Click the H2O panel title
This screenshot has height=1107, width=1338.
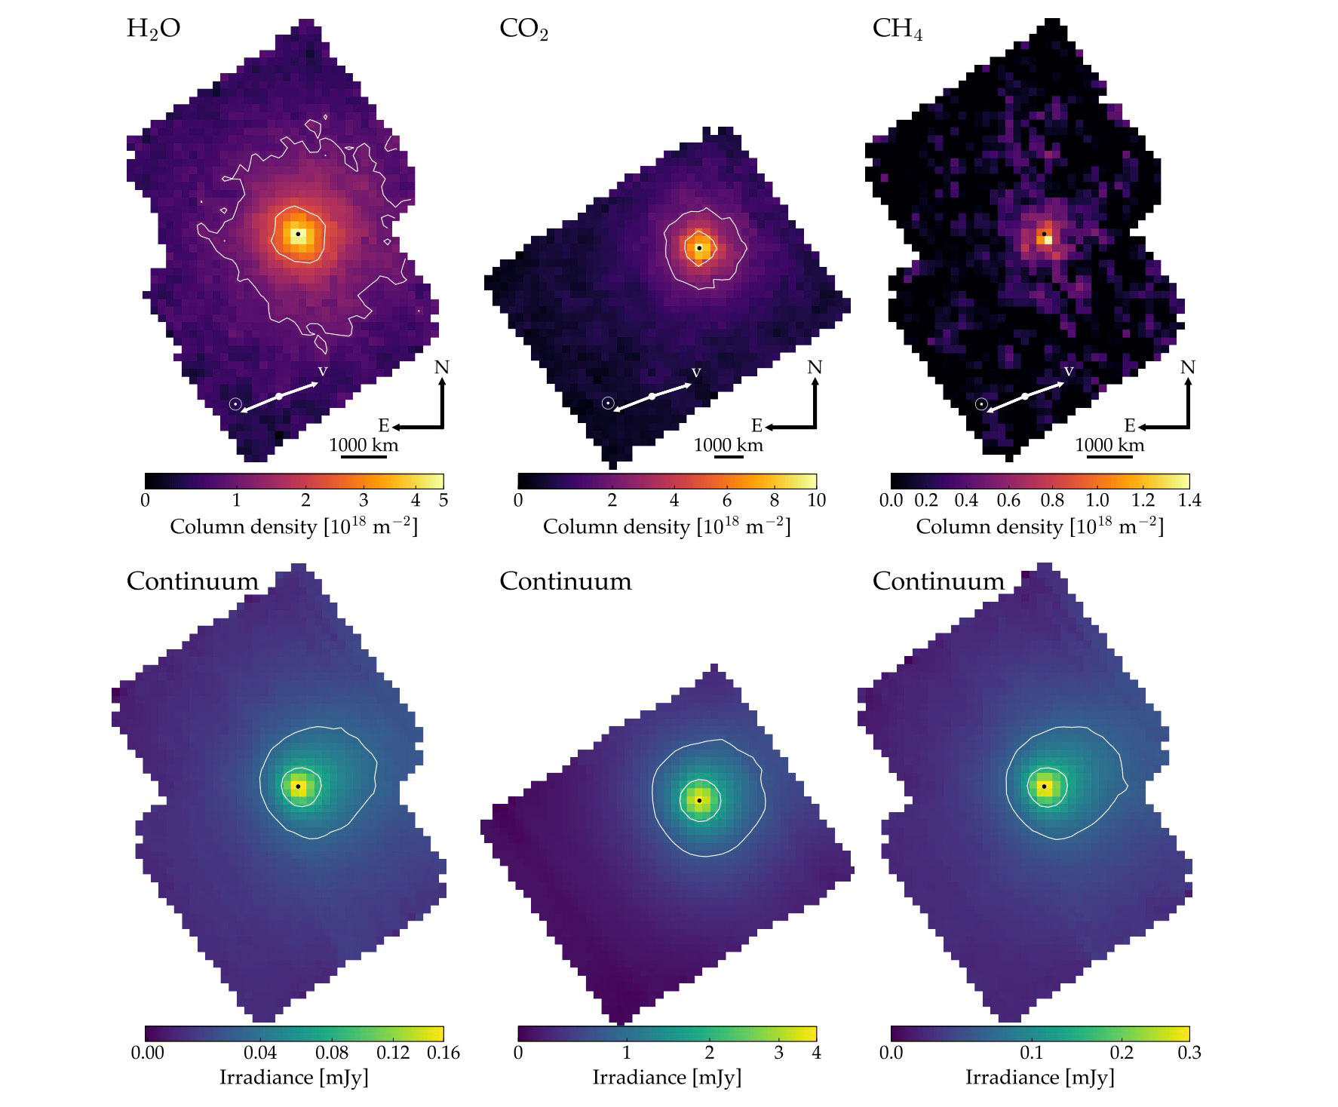tap(153, 29)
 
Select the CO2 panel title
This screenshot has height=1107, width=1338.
tap(523, 29)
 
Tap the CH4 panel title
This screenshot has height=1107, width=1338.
tap(897, 29)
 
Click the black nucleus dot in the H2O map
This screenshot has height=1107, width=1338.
tap(298, 234)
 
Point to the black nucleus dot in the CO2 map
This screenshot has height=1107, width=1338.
tap(699, 247)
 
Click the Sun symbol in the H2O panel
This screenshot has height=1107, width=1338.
tap(235, 404)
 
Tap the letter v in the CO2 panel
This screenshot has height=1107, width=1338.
tap(696, 373)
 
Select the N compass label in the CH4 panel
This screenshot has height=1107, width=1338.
tap(1187, 367)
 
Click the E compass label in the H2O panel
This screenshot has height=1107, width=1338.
tap(383, 426)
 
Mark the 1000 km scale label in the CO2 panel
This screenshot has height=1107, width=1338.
tap(729, 445)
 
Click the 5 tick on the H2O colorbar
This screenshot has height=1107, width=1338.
tap(443, 500)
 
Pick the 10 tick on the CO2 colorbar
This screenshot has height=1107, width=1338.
tap(816, 500)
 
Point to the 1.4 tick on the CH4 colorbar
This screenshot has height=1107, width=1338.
tap(1189, 500)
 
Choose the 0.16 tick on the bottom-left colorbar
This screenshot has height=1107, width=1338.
tap(443, 1053)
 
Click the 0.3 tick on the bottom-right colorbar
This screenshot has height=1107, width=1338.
tap(1189, 1053)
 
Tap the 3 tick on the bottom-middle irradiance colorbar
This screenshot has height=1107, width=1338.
tap(778, 1053)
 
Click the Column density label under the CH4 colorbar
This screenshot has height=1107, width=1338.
tap(1039, 526)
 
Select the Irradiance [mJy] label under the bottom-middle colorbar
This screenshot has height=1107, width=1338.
tap(667, 1078)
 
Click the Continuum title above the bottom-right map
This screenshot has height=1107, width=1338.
tap(938, 581)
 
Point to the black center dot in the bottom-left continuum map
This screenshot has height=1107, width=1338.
tap(298, 787)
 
